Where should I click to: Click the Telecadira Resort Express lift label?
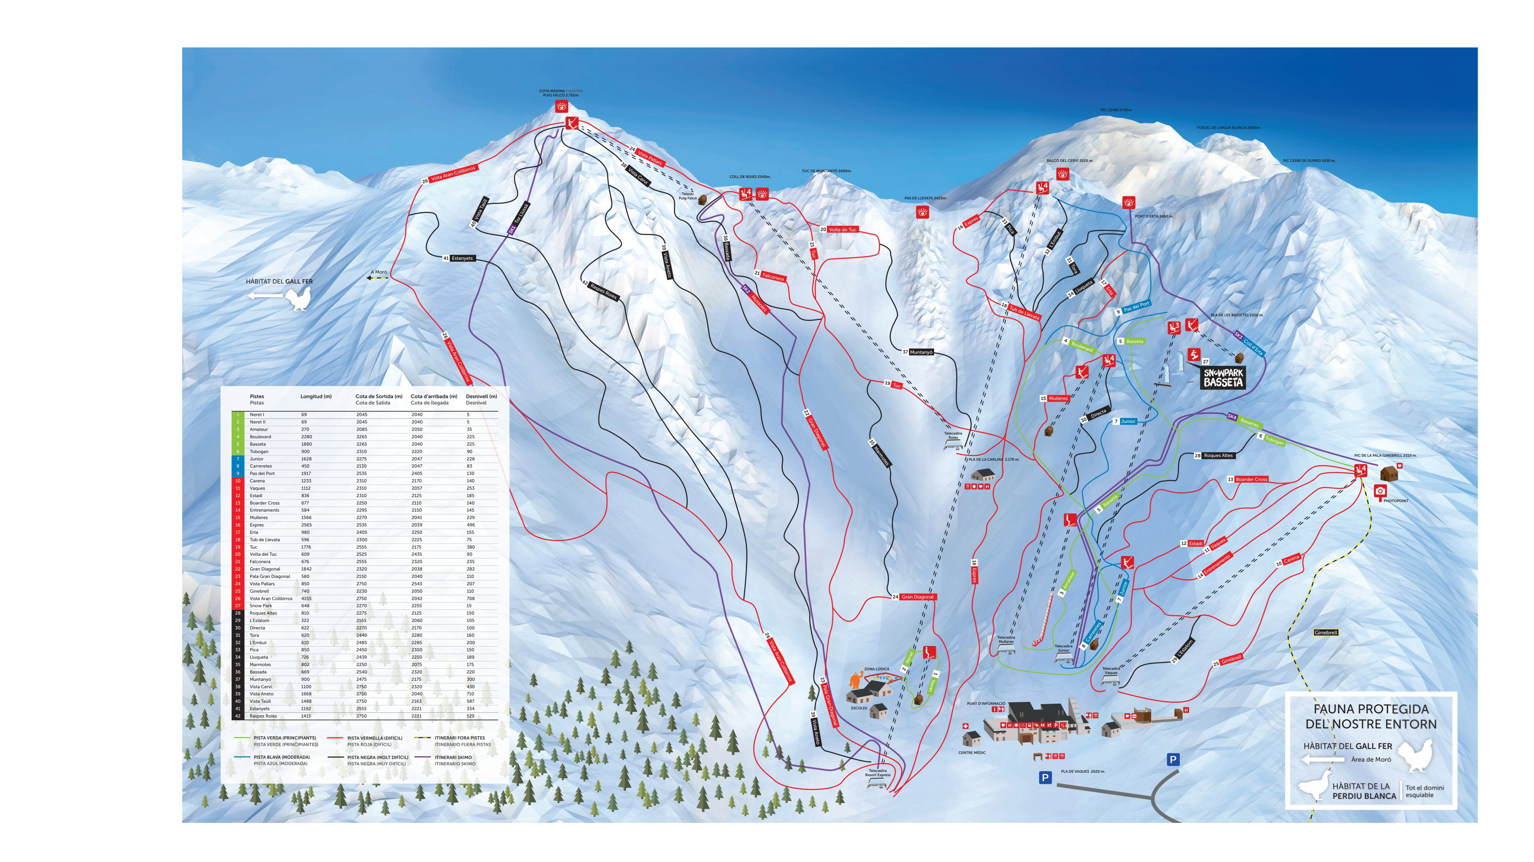point(878,773)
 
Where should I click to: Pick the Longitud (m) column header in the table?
point(316,397)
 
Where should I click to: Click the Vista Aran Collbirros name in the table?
point(271,598)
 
